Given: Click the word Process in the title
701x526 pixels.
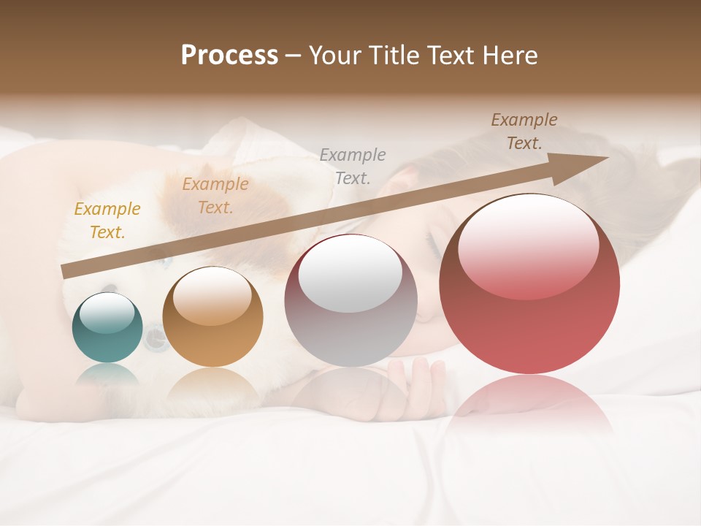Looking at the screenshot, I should click(229, 56).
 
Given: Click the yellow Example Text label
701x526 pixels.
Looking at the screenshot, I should click(107, 221).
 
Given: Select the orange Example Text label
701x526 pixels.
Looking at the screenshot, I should click(215, 196).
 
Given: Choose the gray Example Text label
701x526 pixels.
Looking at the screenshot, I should click(353, 167).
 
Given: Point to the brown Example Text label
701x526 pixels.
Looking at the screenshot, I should click(524, 131).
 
